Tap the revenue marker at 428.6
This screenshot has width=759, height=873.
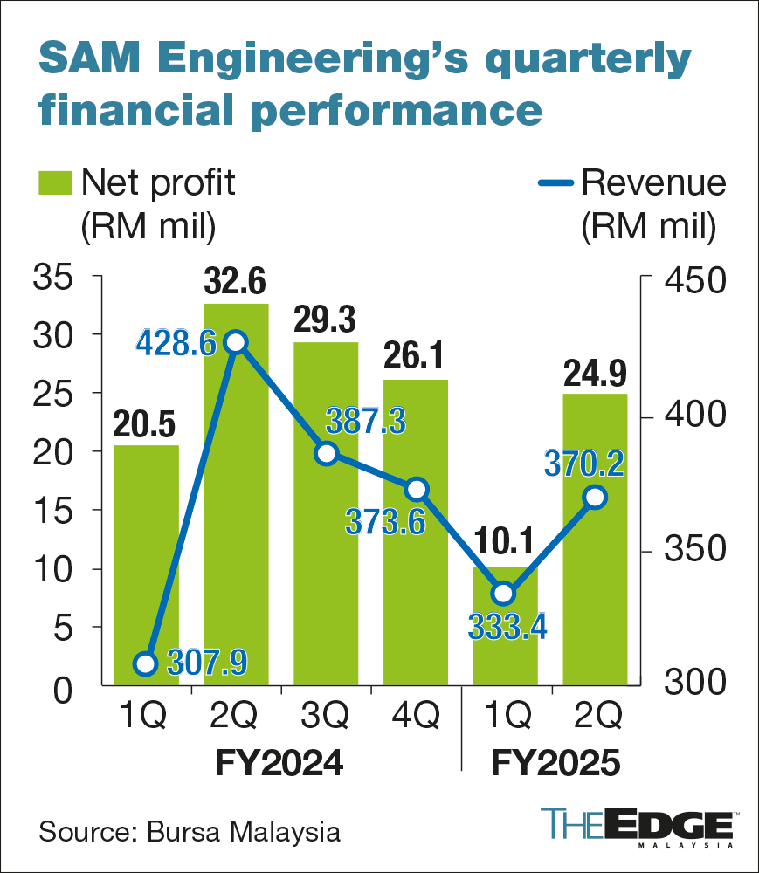(235, 342)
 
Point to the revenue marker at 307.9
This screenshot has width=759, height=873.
(146, 664)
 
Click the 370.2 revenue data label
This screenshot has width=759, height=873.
(585, 463)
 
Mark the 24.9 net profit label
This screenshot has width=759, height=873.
(595, 372)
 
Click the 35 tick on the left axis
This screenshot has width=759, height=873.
(55, 279)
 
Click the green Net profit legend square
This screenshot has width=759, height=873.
(54, 183)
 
